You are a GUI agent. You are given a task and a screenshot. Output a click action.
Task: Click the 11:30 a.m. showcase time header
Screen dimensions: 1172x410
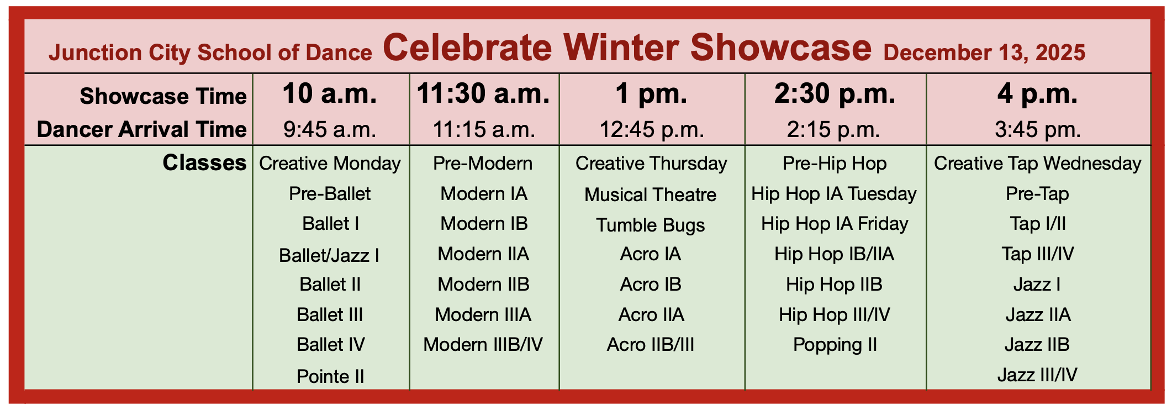[483, 93]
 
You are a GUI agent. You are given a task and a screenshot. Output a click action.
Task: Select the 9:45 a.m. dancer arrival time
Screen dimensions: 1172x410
[330, 130]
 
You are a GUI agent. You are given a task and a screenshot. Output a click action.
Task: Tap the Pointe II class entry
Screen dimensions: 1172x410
[330, 376]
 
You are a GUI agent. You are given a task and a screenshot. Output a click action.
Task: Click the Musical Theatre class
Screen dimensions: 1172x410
[651, 195]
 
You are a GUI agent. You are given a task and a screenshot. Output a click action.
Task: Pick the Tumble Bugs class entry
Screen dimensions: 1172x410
[651, 225]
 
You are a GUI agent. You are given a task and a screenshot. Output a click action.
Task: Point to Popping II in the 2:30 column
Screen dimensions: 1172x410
[835, 345]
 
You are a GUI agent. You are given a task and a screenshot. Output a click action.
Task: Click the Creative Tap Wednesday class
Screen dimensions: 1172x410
[1038, 164]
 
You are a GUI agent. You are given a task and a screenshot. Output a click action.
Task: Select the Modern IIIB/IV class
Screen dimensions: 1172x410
[483, 345]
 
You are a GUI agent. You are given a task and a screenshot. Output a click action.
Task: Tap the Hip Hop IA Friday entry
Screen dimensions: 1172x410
[835, 224]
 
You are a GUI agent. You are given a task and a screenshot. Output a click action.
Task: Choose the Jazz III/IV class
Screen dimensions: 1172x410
[1037, 375]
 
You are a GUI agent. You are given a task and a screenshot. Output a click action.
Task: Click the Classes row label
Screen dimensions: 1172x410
[204, 163]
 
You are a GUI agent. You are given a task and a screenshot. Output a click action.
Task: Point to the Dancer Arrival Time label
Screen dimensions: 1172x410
[142, 130]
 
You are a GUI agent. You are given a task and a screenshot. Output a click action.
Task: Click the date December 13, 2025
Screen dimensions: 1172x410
[985, 52]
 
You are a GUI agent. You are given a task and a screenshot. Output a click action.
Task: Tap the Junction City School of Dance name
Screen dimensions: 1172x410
[210, 52]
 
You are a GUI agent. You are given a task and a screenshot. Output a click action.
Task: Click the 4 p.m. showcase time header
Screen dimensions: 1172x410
[1038, 93]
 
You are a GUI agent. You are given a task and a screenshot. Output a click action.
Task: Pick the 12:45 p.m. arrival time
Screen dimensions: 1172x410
[652, 130]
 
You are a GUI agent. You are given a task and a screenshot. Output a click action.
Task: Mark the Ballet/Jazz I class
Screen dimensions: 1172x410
[329, 255]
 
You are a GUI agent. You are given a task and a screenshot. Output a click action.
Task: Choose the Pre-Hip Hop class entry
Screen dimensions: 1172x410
[835, 164]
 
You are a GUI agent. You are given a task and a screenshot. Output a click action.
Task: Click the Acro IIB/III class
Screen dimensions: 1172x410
[651, 345]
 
